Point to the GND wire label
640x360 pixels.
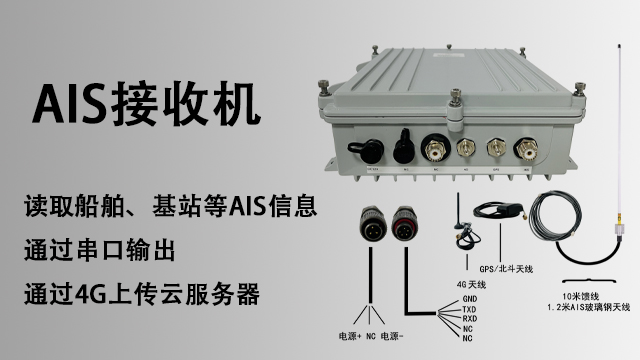click(468, 299)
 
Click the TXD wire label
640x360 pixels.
click(468, 309)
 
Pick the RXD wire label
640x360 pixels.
click(468, 319)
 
